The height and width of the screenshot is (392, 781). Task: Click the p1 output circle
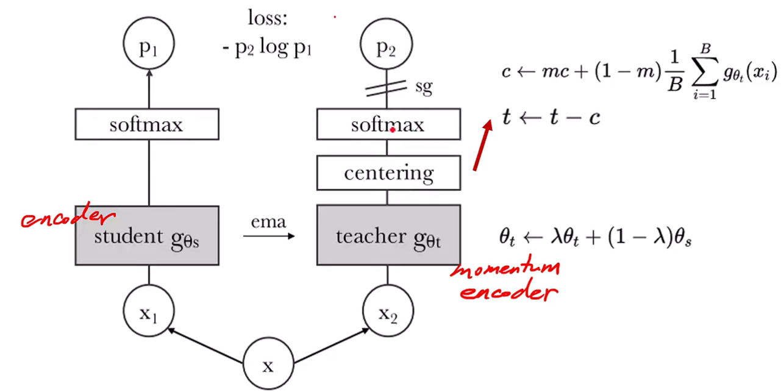pyautogui.click(x=148, y=46)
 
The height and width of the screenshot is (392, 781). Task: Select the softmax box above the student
pyautogui.click(x=146, y=125)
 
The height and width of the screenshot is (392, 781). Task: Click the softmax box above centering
pyautogui.click(x=388, y=125)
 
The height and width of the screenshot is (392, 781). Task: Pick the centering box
pyautogui.click(x=388, y=174)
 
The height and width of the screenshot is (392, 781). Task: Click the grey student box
pyautogui.click(x=146, y=235)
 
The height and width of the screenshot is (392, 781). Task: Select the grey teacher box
pyautogui.click(x=388, y=235)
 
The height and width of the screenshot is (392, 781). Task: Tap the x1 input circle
pyautogui.click(x=148, y=313)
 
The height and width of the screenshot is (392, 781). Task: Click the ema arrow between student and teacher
pyautogui.click(x=268, y=235)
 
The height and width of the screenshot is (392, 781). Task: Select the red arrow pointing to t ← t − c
pyautogui.click(x=482, y=145)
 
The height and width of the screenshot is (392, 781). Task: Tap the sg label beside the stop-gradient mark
pyautogui.click(x=423, y=87)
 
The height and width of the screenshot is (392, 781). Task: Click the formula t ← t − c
pyautogui.click(x=551, y=116)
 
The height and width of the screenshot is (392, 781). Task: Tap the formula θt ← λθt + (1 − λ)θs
pyautogui.click(x=594, y=238)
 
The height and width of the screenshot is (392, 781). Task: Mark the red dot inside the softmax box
pyautogui.click(x=393, y=130)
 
